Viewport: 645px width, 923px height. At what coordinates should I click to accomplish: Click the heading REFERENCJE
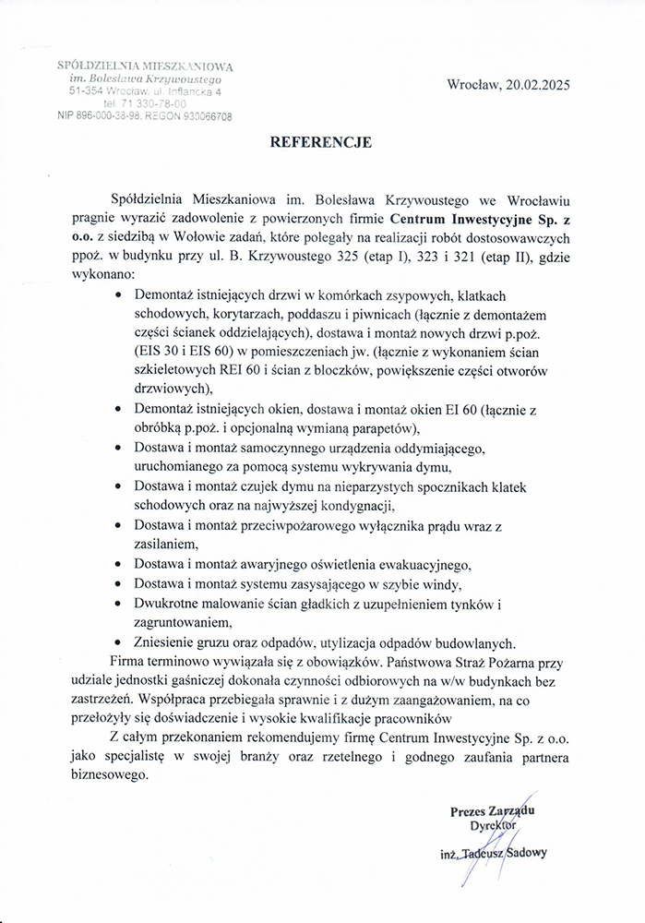(320, 143)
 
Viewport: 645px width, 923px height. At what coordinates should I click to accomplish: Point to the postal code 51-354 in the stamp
(83, 92)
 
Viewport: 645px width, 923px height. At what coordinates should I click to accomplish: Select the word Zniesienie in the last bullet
(169, 644)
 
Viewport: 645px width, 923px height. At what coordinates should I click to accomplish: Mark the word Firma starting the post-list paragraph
(128, 662)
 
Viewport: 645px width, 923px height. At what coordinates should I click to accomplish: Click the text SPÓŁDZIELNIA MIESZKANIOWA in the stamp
(145, 66)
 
